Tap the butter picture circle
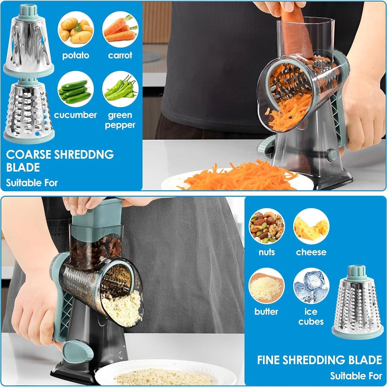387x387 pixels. (267, 286)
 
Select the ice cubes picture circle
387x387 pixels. (311, 286)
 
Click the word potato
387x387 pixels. (75, 55)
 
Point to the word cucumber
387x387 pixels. (75, 115)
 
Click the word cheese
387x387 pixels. (311, 252)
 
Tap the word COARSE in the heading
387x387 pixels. (29, 155)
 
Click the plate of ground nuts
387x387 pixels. (163, 375)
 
